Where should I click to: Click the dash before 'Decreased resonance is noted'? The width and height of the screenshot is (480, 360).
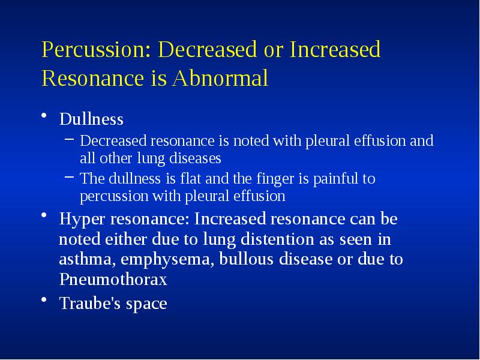(x=70, y=141)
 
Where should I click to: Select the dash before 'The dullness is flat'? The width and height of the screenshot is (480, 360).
(x=70, y=178)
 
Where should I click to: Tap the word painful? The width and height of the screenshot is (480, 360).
(x=334, y=179)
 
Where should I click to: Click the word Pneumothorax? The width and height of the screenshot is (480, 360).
(x=113, y=280)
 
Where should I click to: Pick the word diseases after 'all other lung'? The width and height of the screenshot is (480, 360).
(x=196, y=159)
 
